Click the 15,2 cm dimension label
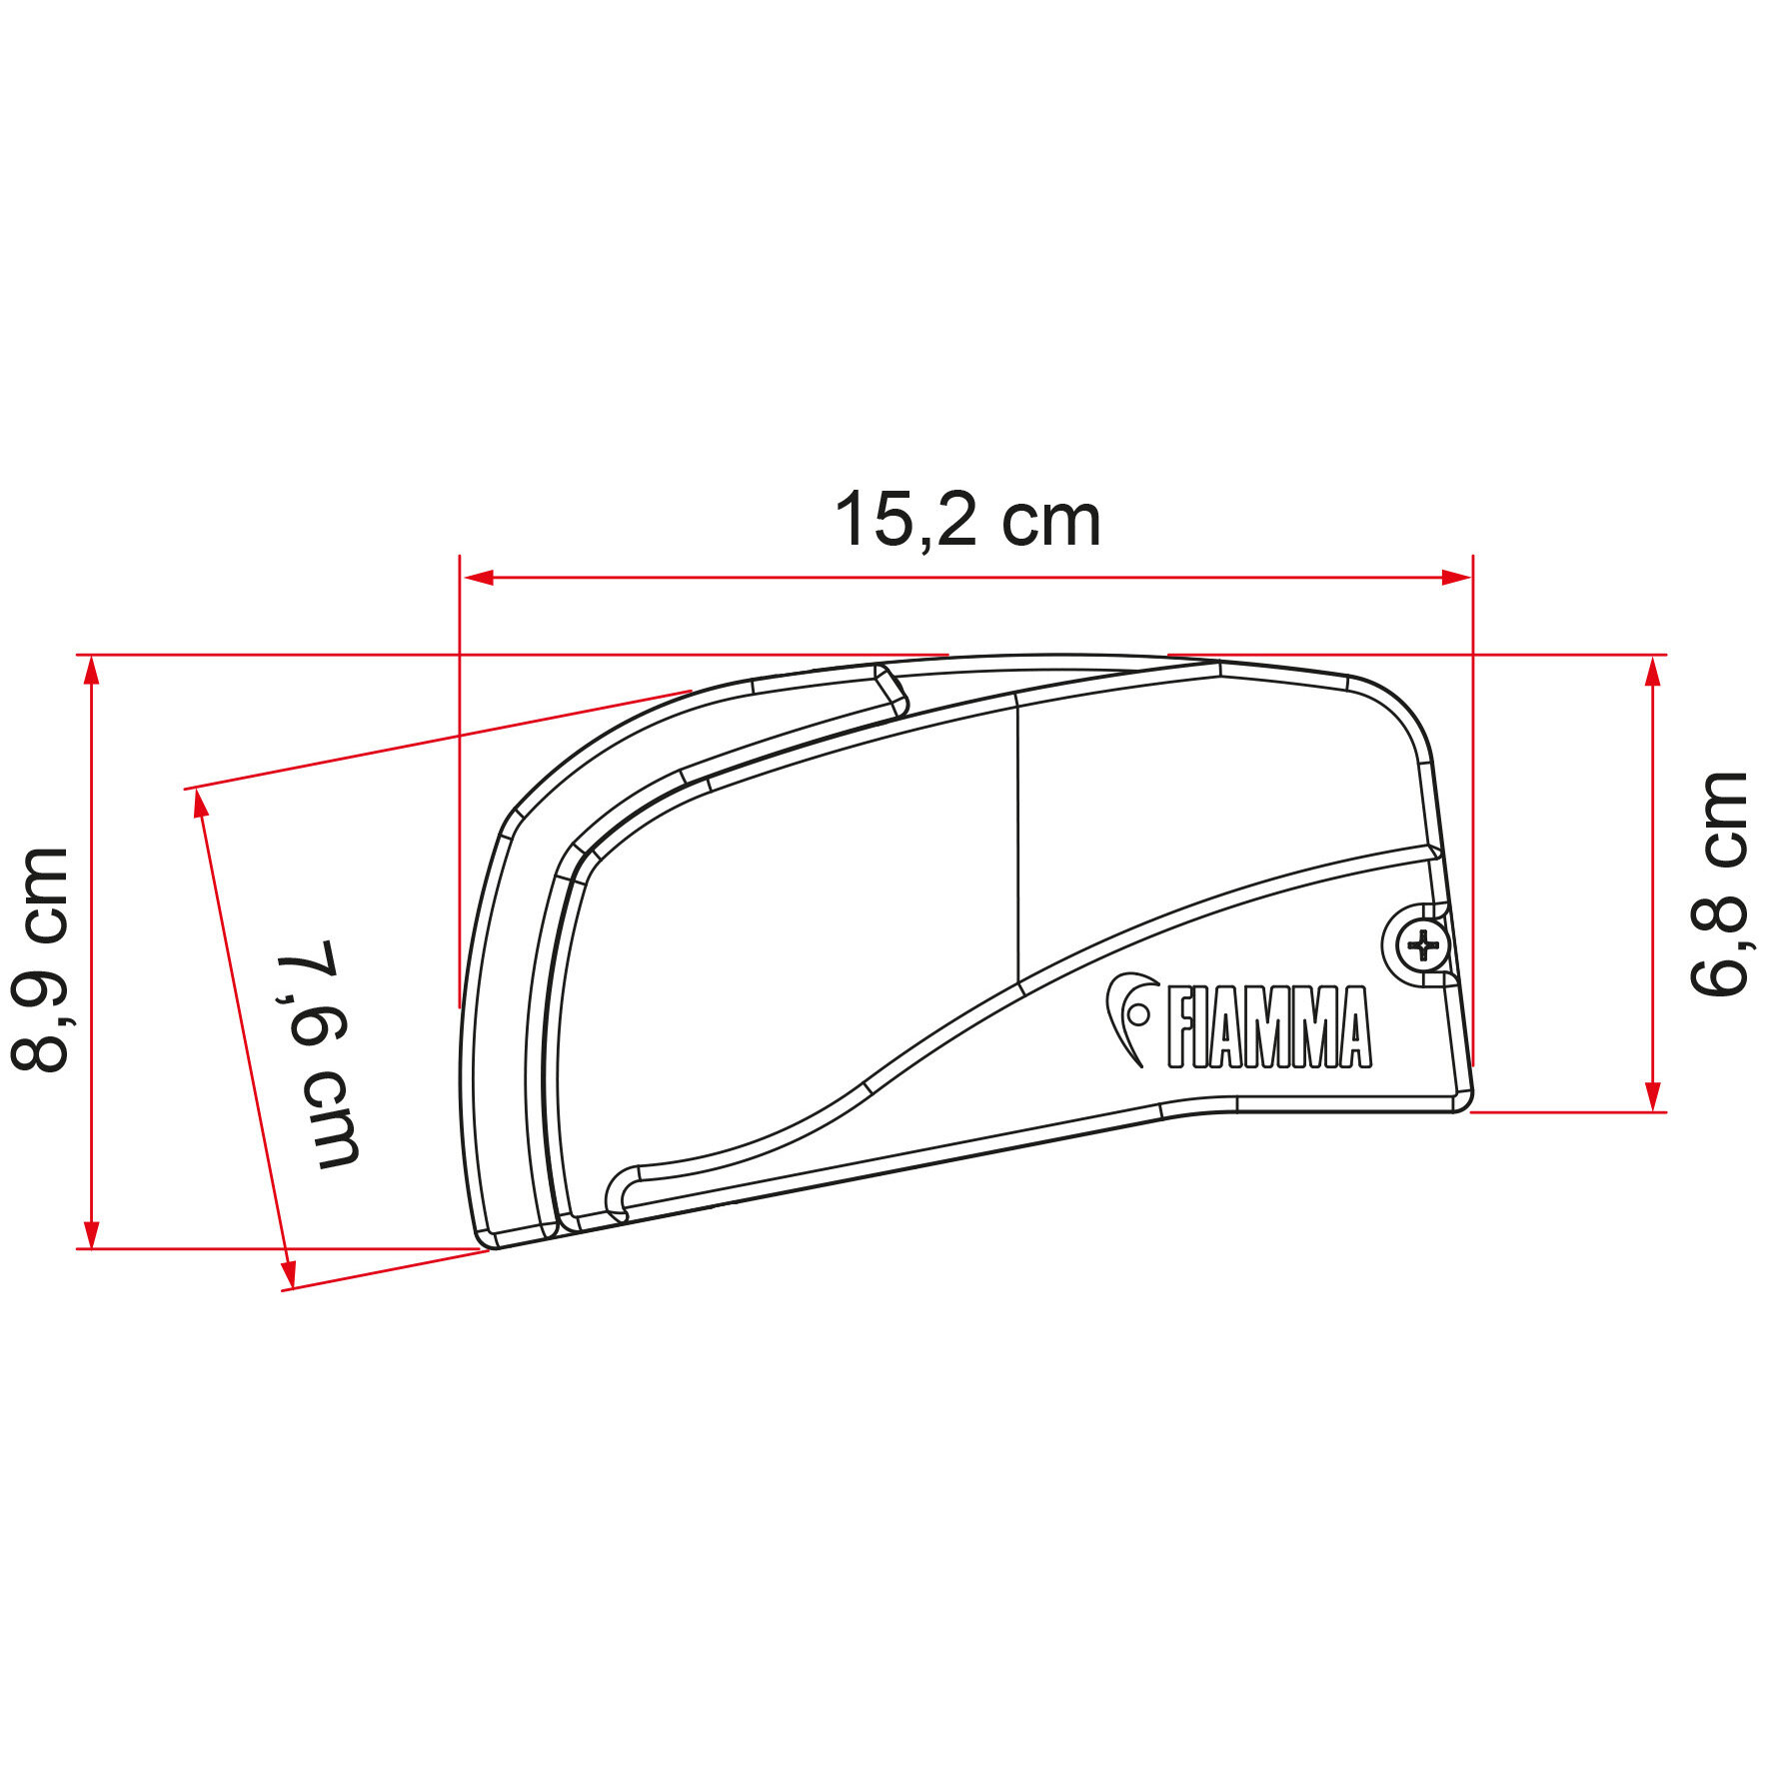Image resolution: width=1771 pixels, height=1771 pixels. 967,521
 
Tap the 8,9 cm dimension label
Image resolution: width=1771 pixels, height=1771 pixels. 40,960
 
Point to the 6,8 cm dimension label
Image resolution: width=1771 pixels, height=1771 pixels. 1719,884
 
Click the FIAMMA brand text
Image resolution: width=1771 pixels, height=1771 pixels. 1268,1027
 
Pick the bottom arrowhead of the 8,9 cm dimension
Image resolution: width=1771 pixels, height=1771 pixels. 92,1233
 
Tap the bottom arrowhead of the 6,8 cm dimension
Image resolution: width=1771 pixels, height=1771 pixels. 1652,1094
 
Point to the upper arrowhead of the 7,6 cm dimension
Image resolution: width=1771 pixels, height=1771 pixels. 201,803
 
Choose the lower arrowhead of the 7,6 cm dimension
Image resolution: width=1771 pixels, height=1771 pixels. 288,1275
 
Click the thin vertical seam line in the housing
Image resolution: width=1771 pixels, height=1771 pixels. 1017,840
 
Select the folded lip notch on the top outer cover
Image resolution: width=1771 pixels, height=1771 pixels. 891,691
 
